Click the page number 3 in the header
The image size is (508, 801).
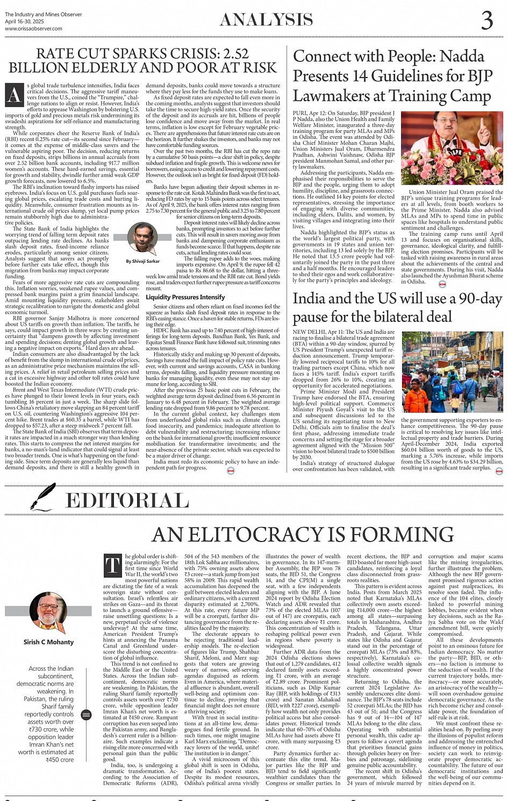click(487, 20)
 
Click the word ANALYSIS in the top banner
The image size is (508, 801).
click(267, 20)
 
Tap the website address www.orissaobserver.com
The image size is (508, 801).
click(33, 29)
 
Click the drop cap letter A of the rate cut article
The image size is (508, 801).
click(15, 95)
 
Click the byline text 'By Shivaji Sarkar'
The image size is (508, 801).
click(142, 261)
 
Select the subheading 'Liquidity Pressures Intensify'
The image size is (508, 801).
click(185, 297)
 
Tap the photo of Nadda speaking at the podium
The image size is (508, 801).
click(452, 148)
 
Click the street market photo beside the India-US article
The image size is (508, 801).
click(452, 372)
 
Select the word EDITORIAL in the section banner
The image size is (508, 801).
click(127, 501)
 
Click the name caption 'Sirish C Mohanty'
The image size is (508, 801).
click(48, 642)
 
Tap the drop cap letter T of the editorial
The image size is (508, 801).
click(112, 566)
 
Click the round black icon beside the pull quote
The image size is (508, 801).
click(86, 714)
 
